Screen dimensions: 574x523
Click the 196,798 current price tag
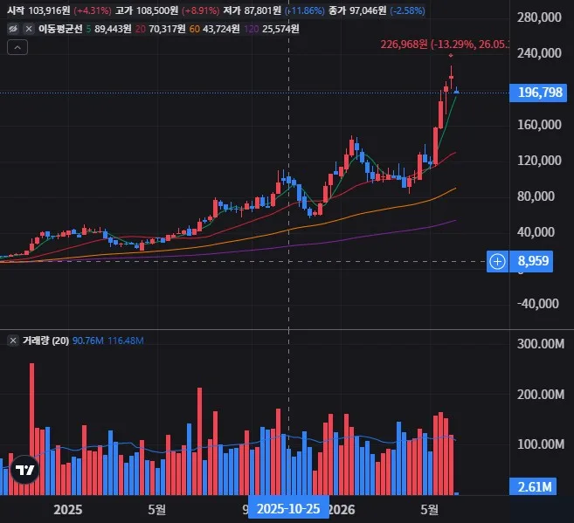point(538,93)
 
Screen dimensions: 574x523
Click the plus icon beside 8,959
point(497,262)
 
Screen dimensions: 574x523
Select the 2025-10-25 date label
point(288,509)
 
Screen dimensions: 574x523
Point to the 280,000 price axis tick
point(539,17)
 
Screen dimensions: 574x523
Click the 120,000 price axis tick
point(539,161)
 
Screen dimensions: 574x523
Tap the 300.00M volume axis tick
point(540,344)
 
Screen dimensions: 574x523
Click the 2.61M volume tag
point(533,486)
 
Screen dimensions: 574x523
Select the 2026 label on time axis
point(342,510)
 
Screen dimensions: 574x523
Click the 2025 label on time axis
point(68,510)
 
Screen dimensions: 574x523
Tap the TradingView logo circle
point(24,469)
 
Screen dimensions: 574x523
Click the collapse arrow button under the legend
point(17,47)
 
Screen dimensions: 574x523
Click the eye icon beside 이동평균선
point(13,29)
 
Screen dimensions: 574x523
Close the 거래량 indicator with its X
point(13,341)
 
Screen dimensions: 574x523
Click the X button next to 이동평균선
point(29,29)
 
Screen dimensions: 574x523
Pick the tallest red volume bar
point(31,429)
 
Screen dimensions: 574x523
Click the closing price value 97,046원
point(368,10)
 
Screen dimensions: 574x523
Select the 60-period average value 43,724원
point(221,29)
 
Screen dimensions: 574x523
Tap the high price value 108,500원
point(157,10)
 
